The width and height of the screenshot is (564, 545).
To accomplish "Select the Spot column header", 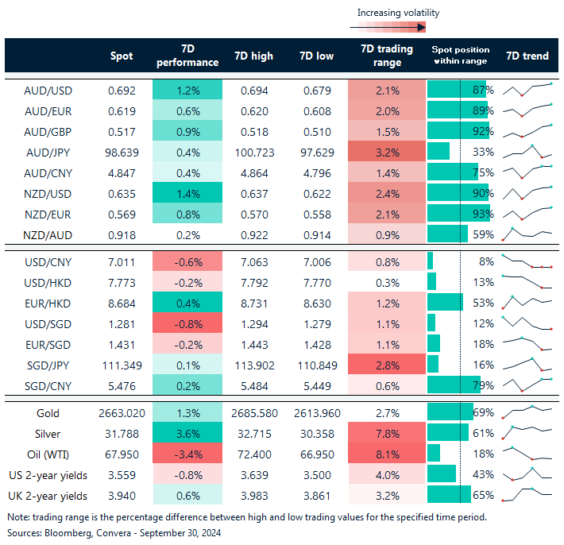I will click(122, 56).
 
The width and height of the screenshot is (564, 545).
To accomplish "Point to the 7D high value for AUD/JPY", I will click(254, 151).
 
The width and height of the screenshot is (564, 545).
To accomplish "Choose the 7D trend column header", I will click(527, 56).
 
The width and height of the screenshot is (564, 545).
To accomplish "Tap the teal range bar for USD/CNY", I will click(431, 261).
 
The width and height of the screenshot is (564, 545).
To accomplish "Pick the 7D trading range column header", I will click(387, 56).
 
